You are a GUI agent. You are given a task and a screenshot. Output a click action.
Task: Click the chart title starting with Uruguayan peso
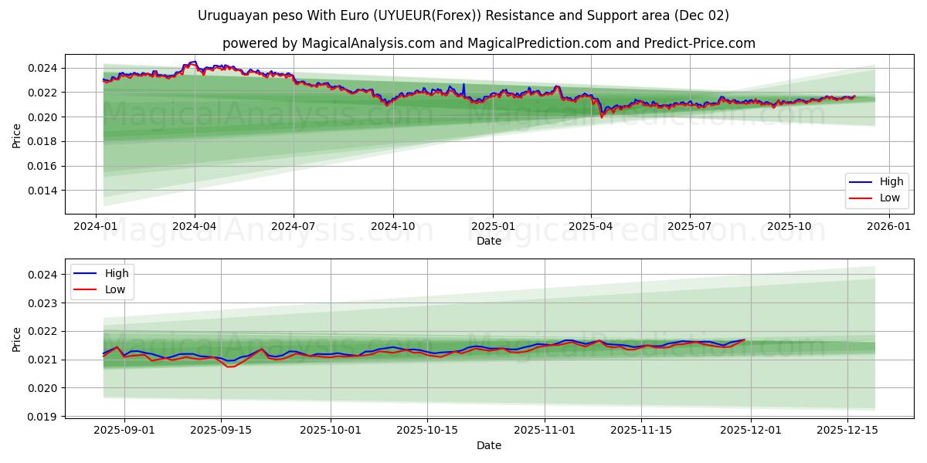point(463,15)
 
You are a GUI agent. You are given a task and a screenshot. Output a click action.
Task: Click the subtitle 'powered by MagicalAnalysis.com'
point(488,43)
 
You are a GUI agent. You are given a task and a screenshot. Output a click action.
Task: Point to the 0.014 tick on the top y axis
point(43,191)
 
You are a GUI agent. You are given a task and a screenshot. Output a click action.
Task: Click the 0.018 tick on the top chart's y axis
point(43,141)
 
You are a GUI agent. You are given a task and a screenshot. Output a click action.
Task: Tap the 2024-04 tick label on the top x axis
point(195,227)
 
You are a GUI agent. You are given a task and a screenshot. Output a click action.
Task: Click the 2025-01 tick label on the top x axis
point(492,227)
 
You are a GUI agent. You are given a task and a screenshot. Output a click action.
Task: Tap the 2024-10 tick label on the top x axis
point(393,227)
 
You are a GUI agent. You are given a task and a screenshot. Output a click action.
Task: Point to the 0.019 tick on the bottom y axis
point(43,417)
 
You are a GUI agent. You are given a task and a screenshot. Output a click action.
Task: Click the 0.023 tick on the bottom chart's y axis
point(43,303)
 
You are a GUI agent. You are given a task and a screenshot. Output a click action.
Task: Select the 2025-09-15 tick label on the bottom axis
point(222,431)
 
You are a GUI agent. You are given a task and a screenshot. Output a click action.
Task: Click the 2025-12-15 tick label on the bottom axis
point(847,431)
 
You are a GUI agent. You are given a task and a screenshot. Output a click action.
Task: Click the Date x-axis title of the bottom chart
point(488,445)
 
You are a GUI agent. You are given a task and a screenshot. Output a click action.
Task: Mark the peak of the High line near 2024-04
point(195,62)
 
